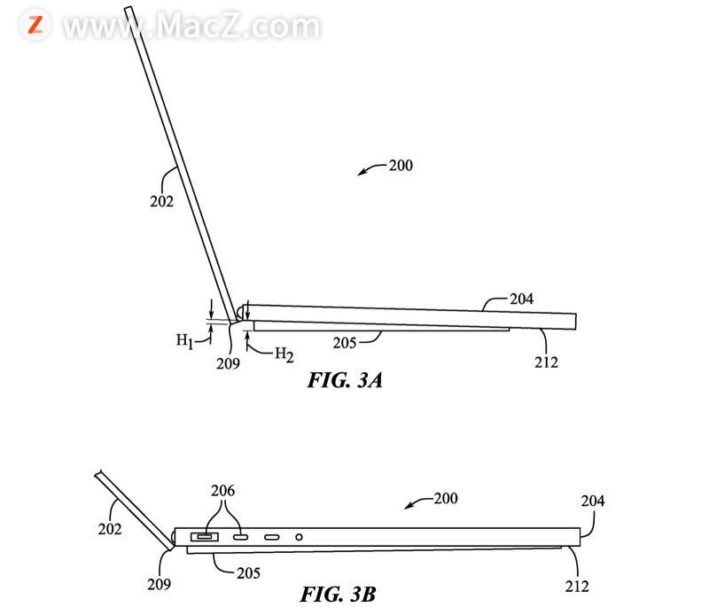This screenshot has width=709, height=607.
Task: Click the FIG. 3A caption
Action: click(x=345, y=380)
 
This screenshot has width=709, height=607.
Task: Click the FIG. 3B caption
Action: click(x=339, y=594)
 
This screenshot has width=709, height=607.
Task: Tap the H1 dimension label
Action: click(x=184, y=340)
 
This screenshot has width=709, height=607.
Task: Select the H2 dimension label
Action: click(x=284, y=354)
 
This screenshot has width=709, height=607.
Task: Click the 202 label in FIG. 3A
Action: click(x=161, y=201)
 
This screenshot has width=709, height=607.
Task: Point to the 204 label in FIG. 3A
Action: click(x=521, y=299)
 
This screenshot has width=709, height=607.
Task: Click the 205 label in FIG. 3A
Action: click(x=345, y=343)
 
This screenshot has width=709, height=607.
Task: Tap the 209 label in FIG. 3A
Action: click(x=228, y=363)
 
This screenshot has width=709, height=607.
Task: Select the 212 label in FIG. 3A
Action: click(x=546, y=362)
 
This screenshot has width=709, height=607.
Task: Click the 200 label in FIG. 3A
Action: click(x=401, y=166)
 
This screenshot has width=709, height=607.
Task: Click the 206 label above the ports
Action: click(x=223, y=490)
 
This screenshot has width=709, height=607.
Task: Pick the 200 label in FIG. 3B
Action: click(x=446, y=498)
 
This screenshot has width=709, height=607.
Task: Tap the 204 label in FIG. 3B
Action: click(x=593, y=501)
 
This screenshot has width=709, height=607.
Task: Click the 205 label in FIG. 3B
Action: click(x=248, y=573)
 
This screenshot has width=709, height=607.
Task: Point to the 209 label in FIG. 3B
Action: click(x=160, y=584)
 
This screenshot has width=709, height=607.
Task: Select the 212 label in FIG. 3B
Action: click(x=577, y=587)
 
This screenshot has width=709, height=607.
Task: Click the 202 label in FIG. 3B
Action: click(x=109, y=529)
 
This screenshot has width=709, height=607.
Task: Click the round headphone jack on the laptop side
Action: click(x=299, y=537)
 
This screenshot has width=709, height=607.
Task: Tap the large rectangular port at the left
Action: click(x=205, y=537)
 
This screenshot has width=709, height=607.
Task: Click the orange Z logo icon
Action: click(x=35, y=25)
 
